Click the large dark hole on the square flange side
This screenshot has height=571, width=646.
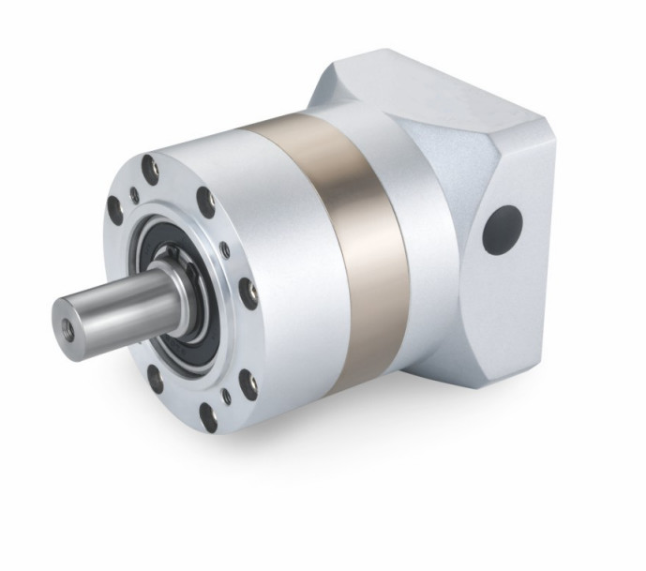click(503, 231)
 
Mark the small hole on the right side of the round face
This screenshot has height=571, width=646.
click(225, 250)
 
